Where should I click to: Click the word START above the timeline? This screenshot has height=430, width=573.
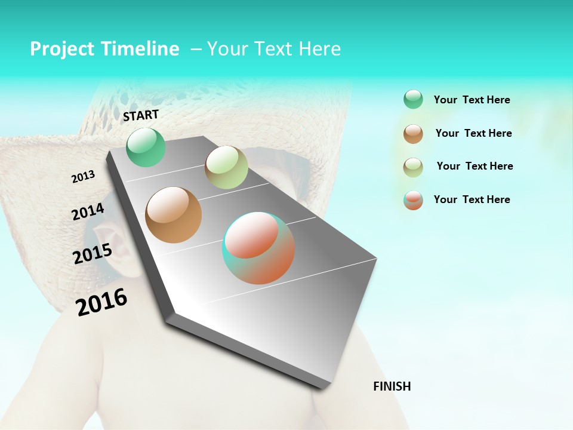point(141,115)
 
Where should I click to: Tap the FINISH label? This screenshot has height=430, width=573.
point(392,386)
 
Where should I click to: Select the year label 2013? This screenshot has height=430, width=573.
point(83,177)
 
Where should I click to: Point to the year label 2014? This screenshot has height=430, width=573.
point(88,212)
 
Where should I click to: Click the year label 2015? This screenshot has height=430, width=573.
point(93,254)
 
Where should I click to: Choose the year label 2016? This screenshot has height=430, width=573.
point(101,302)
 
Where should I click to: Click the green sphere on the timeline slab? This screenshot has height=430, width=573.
point(146,148)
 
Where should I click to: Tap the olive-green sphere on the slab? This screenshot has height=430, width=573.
point(226,167)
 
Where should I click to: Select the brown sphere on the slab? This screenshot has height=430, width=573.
point(174,214)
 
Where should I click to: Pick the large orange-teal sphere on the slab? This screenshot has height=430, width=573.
point(258,248)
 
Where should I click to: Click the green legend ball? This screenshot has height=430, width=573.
point(413,100)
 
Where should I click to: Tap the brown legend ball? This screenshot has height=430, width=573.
point(413,134)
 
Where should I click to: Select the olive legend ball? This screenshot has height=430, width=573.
point(413,167)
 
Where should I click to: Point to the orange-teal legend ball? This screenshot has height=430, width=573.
point(413,200)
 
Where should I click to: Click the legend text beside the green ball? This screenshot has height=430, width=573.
point(472,100)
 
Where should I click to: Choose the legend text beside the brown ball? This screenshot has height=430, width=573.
point(473,133)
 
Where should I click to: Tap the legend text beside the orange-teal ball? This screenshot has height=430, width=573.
point(472,199)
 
